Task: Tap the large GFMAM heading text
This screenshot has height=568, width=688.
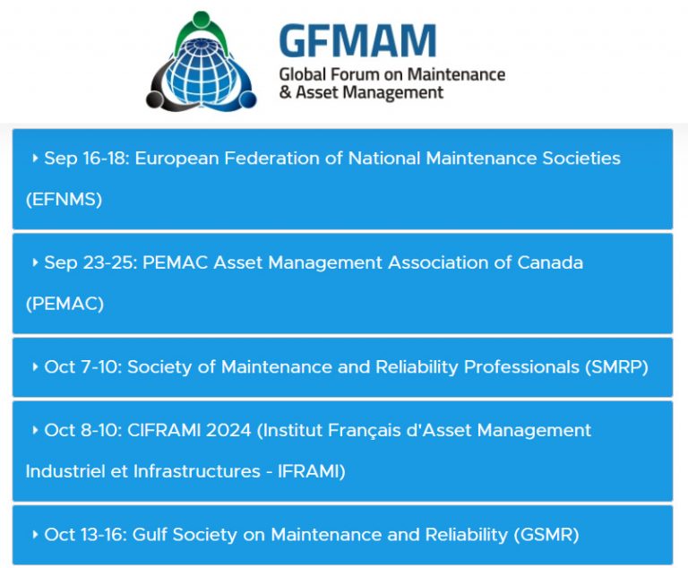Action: (x=357, y=40)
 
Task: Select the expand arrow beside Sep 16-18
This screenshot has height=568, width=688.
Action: (x=34, y=159)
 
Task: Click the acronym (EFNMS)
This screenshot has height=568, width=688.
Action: (x=64, y=200)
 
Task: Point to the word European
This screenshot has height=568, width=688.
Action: (x=183, y=159)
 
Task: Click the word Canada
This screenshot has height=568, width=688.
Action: (x=550, y=263)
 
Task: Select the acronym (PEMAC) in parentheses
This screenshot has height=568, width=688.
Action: (x=64, y=305)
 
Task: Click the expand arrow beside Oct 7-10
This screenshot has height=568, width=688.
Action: (x=34, y=367)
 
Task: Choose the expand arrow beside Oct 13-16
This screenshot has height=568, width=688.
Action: (x=34, y=535)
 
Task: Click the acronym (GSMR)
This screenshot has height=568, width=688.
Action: (x=546, y=535)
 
